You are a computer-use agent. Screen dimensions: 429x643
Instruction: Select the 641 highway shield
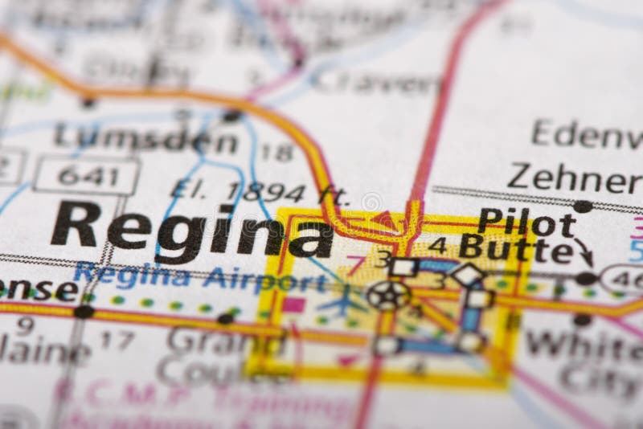click(x=87, y=174)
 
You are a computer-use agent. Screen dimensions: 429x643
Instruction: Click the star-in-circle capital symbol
click(x=387, y=296)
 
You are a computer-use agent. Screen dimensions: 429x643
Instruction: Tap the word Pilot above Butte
click(x=526, y=223)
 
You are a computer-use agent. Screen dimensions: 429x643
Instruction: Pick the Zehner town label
click(x=574, y=178)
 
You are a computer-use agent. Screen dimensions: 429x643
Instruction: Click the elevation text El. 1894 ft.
click(x=260, y=193)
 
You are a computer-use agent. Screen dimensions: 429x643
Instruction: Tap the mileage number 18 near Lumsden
click(x=276, y=152)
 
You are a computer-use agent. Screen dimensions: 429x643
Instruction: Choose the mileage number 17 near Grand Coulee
click(x=117, y=339)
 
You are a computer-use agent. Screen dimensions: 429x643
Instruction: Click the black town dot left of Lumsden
click(x=88, y=103)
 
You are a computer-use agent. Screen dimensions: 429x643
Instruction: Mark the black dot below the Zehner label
click(x=583, y=206)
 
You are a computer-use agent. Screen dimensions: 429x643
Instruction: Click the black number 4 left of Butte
click(x=438, y=245)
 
